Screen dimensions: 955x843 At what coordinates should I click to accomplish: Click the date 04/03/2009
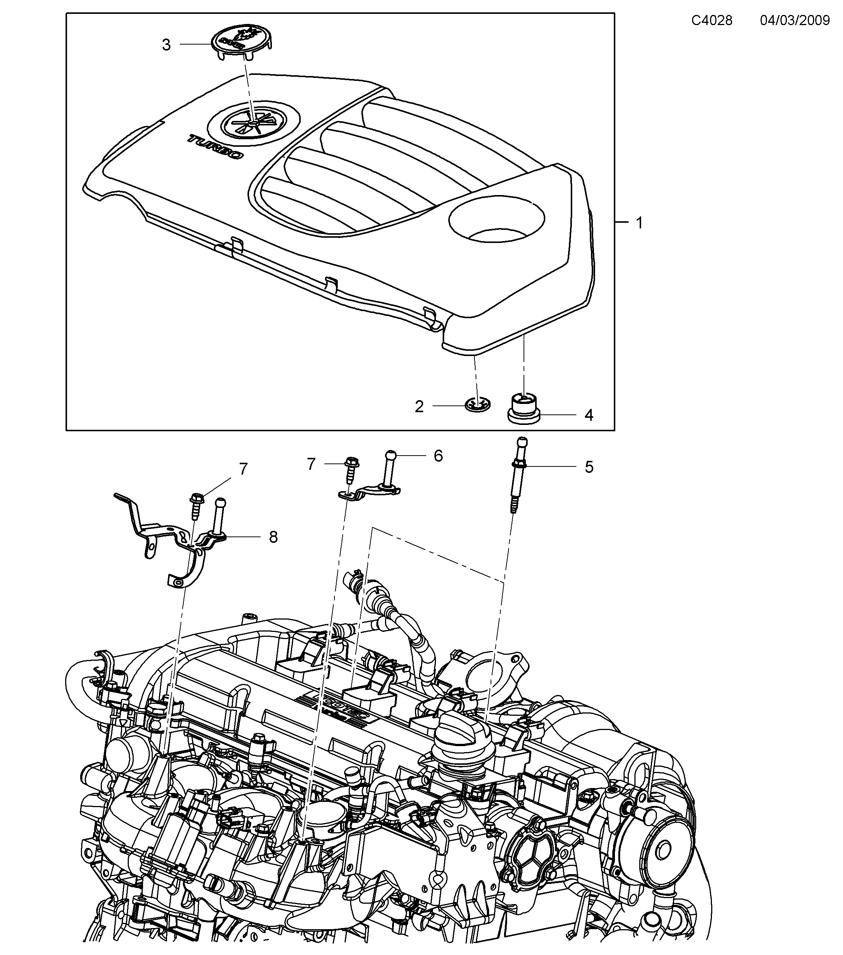(794, 21)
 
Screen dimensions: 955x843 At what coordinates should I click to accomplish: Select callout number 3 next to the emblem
(166, 45)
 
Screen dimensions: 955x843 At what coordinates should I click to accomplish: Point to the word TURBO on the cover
(216, 147)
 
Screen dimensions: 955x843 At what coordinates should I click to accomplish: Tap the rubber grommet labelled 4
(524, 408)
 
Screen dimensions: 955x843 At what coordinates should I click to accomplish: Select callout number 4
(589, 415)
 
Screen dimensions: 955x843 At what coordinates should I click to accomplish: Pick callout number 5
(589, 467)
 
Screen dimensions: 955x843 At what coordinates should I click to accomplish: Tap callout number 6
(438, 456)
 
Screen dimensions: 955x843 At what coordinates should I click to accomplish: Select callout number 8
(273, 537)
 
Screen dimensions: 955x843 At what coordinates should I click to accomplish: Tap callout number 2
(419, 407)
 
